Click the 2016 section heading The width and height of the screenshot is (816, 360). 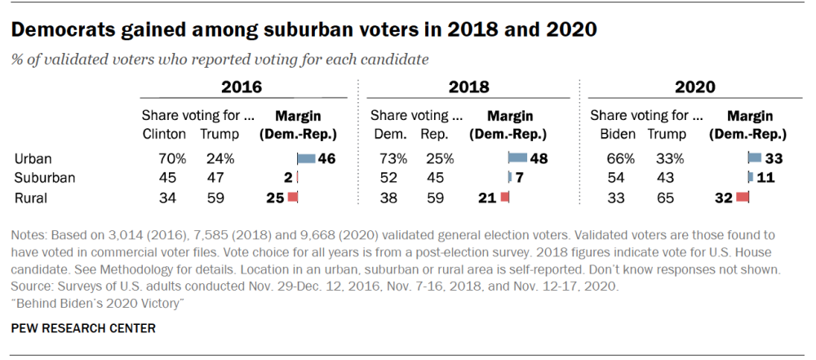tap(242, 87)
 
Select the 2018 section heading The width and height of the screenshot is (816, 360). tap(469, 87)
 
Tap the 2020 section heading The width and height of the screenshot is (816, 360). tap(694, 87)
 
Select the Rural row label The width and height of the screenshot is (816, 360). tap(29, 196)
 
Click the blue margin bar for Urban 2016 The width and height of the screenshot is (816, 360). tap(306, 158)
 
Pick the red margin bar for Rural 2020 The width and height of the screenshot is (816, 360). tap(743, 196)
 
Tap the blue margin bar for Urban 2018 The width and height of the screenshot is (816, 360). tap(517, 158)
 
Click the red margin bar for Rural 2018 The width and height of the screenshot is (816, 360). tap(504, 196)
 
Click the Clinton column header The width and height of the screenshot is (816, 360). tap(164, 134)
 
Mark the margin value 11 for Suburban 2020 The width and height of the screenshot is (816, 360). tap(765, 177)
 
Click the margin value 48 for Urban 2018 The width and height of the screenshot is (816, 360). tap(539, 158)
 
